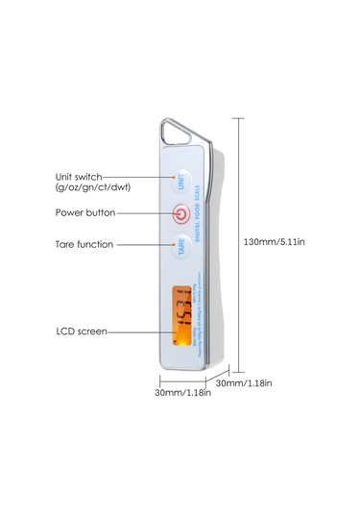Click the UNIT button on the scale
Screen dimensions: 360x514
coord(181,180)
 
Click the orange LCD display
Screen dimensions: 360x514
coord(181,316)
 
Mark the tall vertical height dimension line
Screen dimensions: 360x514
coord(237,240)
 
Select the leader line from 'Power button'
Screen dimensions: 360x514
coord(144,212)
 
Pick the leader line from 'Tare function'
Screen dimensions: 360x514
coord(144,245)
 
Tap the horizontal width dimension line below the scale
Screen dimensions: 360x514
coord(182,381)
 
